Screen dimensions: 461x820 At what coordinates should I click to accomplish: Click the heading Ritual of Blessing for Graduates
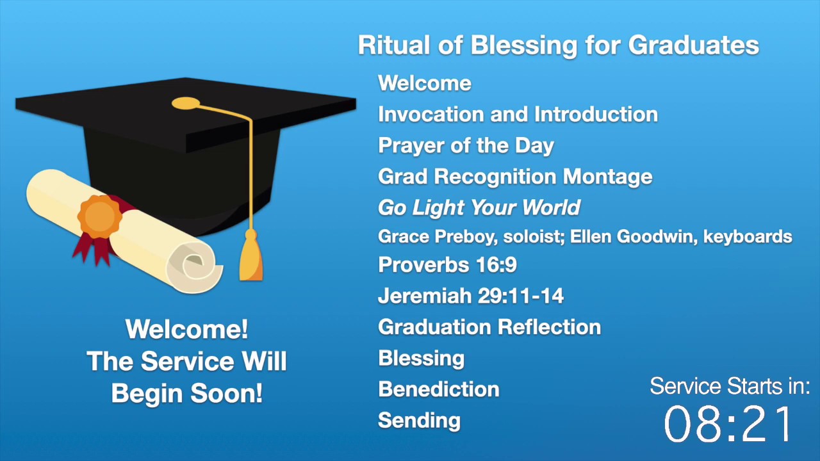click(x=558, y=45)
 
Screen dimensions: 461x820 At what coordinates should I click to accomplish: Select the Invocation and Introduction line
click(x=518, y=115)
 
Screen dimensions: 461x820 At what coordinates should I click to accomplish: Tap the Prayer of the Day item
click(x=466, y=146)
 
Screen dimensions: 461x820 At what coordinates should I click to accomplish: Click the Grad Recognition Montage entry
click(x=515, y=177)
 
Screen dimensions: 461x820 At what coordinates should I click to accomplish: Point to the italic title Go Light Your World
click(x=479, y=208)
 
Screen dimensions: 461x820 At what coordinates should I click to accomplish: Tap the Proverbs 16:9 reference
click(x=447, y=265)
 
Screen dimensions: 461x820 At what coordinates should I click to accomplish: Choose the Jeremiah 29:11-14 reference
click(x=471, y=296)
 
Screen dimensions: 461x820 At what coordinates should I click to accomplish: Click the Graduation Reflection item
click(x=489, y=327)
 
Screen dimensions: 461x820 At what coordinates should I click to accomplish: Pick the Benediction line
click(x=439, y=389)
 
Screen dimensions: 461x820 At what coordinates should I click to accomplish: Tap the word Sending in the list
click(x=419, y=421)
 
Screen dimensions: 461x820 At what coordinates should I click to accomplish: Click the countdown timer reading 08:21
click(x=729, y=425)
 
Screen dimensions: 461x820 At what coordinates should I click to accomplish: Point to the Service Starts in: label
click(x=730, y=386)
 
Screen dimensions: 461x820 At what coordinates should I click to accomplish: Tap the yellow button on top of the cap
click(x=186, y=102)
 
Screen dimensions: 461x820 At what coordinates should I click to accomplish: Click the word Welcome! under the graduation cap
click(x=186, y=330)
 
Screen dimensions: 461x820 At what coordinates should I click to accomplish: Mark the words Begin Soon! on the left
click(x=186, y=392)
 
